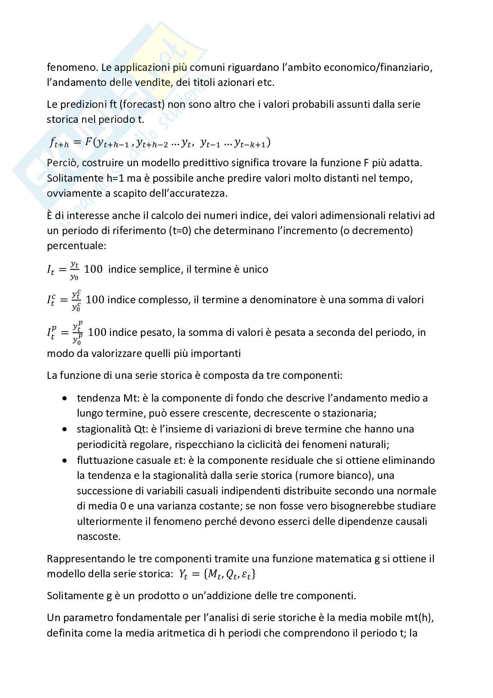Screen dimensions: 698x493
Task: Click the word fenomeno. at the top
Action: click(67, 67)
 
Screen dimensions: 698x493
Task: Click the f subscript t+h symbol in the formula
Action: click(58, 144)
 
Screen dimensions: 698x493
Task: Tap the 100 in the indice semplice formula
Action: click(93, 269)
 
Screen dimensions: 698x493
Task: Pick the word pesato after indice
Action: click(156, 332)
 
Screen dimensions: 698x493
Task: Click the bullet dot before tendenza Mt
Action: click(65, 398)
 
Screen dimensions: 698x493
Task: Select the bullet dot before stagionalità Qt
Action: click(65, 429)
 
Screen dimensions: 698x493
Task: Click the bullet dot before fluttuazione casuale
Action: click(65, 460)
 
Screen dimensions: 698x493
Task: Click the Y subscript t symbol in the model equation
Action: click(183, 574)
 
